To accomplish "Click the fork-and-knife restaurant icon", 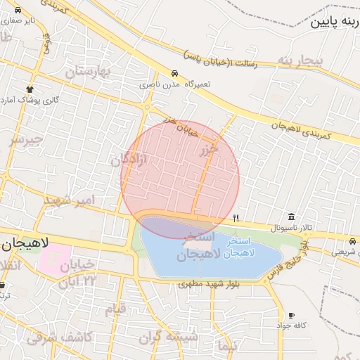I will point(236,218).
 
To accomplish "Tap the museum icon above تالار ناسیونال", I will point(291,216).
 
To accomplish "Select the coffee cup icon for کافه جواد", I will point(291,316).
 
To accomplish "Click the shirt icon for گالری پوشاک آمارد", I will point(30,89).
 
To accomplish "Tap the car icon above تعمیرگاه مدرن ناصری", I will point(174,73).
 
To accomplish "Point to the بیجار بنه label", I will point(300,61).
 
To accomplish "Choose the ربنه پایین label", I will point(334,22).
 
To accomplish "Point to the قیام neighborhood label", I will point(115,309).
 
